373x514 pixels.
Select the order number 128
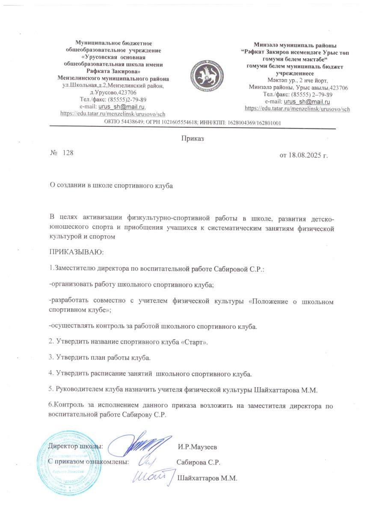68,153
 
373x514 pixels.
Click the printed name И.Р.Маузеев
197,447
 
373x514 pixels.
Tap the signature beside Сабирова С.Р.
145,462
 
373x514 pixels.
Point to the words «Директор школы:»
75,447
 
